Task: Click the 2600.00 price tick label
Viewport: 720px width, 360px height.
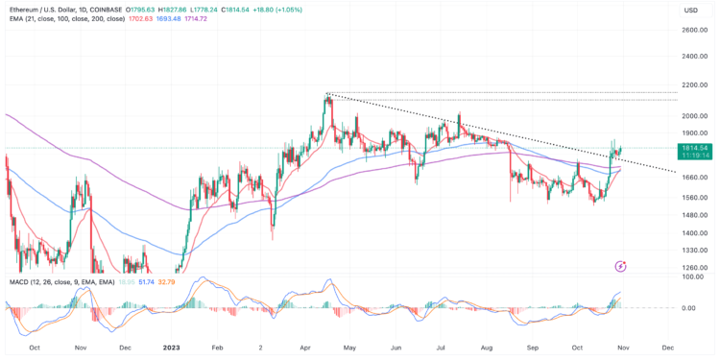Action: (x=695, y=30)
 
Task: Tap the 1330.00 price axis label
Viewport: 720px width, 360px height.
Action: (x=695, y=250)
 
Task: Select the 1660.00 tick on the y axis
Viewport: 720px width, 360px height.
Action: (x=695, y=177)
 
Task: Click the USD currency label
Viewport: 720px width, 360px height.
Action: (x=690, y=11)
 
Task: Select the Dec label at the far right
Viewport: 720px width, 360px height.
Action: (x=664, y=348)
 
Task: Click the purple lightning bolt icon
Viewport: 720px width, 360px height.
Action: (x=621, y=264)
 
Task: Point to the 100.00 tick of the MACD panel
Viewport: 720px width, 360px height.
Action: (x=695, y=277)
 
